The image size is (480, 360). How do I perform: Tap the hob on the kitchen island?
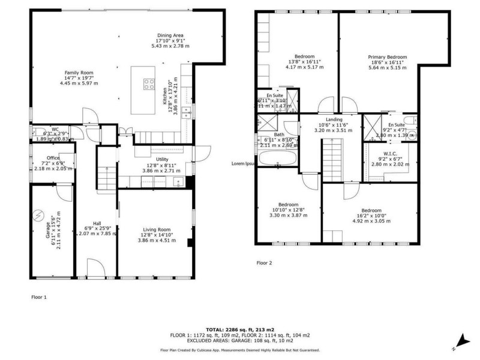148,85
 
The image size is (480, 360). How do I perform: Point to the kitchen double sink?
187,112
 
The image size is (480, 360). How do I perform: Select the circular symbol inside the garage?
39,215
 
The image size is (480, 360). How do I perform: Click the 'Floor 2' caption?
264,263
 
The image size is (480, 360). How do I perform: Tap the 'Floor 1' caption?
38,296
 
